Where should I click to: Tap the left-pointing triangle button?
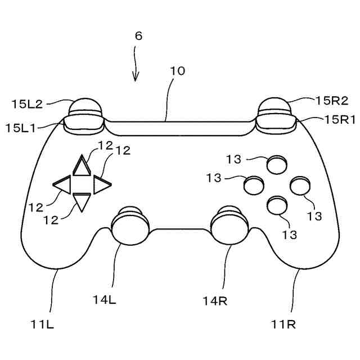pos(62,183)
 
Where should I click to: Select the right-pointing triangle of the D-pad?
pos(101,183)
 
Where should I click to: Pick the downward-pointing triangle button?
pos(82,201)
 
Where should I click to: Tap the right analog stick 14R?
pos(228,224)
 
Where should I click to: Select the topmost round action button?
pos(277,164)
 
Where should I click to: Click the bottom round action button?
pos(277,205)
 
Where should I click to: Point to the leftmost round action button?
pos(253,184)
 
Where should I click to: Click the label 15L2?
pos(27,103)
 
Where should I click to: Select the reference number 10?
pos(177,71)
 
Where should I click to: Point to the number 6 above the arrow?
pos(138,35)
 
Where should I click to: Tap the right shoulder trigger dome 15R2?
pos(275,105)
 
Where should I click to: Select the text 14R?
pos(215,300)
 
